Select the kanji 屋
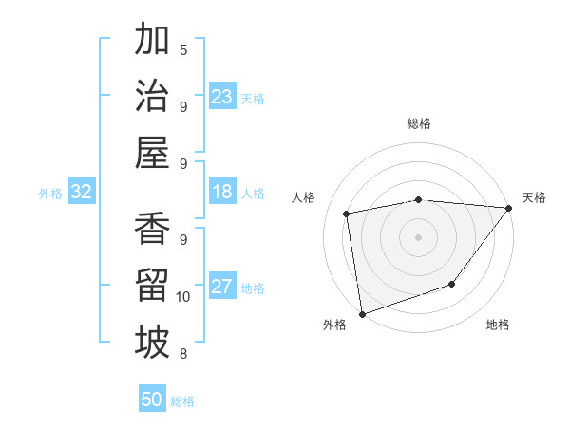coord(152,152)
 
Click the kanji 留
coord(152,286)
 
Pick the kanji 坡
coord(152,343)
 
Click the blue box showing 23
coord(222,97)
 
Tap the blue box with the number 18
coord(222,193)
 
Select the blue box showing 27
coord(222,288)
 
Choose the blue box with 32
coord(82,193)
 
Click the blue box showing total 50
coord(152,400)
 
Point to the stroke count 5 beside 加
coord(183,49)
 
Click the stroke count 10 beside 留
coord(183,297)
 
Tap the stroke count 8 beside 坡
coord(183,354)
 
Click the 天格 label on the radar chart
coord(534,197)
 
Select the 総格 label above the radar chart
coord(418,123)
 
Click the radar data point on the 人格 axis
coord(347,214)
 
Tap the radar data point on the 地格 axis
coord(453,284)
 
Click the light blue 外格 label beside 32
coord(50,194)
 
